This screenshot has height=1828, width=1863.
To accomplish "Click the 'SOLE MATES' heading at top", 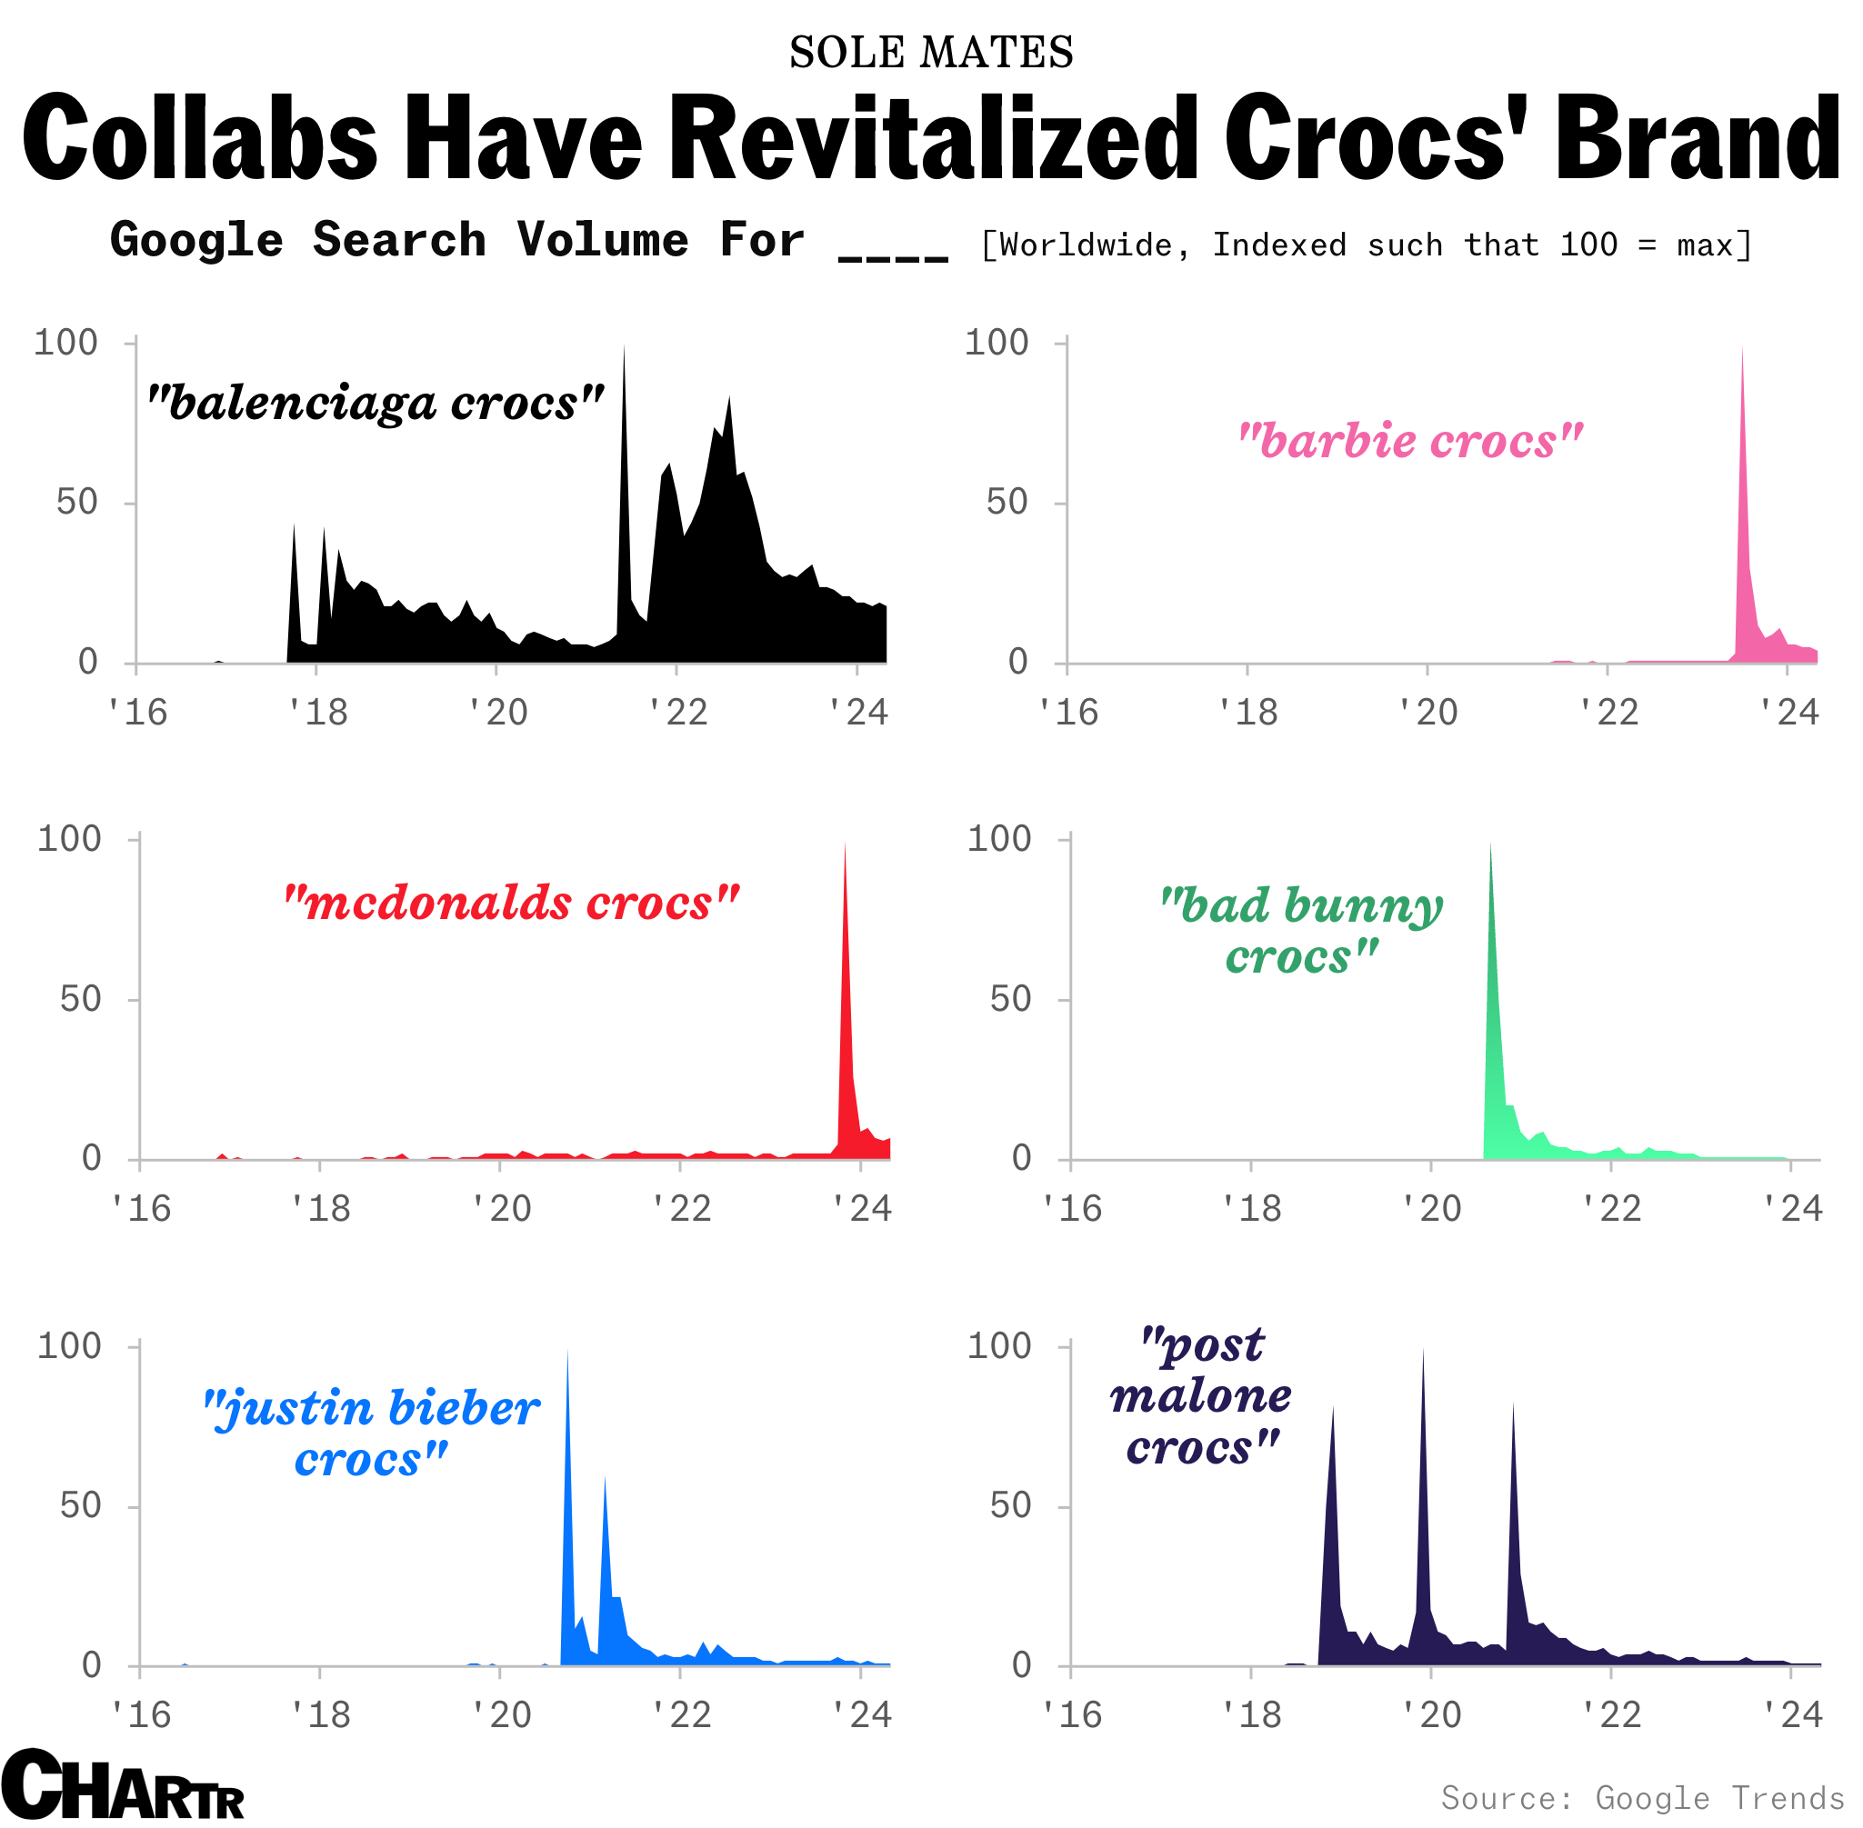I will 930,52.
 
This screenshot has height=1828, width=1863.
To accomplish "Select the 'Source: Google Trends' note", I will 1642,1797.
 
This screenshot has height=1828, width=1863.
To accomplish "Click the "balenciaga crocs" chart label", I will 376,404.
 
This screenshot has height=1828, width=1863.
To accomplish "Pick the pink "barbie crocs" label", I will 1409,441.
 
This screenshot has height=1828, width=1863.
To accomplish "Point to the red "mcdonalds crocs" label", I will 512,903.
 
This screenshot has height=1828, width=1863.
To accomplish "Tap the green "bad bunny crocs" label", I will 1301,929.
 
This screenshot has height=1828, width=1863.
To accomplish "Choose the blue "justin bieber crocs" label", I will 372,1433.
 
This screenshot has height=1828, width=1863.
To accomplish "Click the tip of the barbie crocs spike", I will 1742,349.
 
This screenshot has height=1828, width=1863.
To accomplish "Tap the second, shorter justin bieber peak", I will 604,1480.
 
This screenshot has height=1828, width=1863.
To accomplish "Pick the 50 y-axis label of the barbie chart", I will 1007,502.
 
